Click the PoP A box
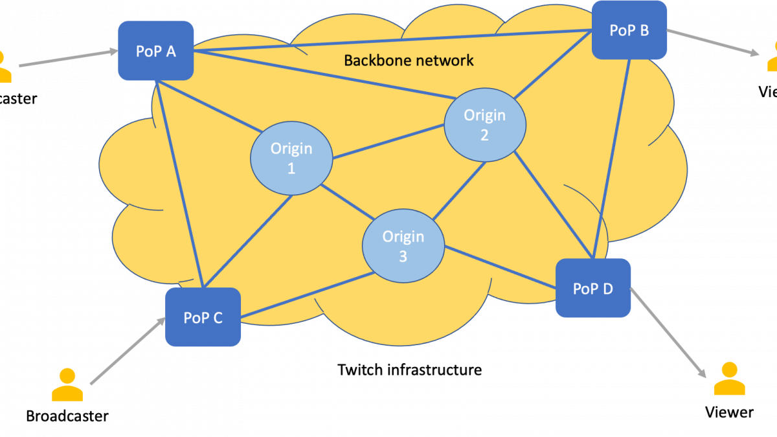coord(155,50)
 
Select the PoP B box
coord(629,30)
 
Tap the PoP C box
coord(203,317)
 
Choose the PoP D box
coord(593,288)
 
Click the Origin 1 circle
coord(291,158)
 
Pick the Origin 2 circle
coord(484,124)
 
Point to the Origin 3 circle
coord(403,246)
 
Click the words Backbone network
coord(409,61)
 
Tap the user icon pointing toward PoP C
coord(67,385)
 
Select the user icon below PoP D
coord(729,379)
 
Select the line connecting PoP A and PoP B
coord(388,41)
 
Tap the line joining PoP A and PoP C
coord(179,185)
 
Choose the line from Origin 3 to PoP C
coord(304,295)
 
